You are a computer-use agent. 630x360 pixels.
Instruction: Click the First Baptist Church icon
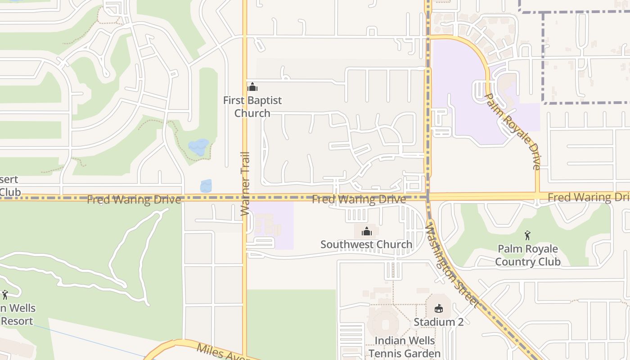click(x=252, y=87)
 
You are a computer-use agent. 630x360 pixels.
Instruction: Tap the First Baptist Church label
click(x=252, y=107)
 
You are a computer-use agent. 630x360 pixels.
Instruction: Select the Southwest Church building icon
click(x=367, y=231)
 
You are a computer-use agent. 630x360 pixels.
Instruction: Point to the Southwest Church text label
click(x=366, y=244)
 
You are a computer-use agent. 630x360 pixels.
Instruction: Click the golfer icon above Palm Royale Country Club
click(x=527, y=235)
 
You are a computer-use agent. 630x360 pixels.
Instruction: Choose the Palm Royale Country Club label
click(x=528, y=255)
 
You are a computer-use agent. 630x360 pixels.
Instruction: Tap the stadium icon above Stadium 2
click(x=439, y=308)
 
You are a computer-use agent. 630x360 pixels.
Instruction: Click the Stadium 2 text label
click(x=439, y=322)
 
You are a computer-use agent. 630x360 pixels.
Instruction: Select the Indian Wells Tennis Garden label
click(x=405, y=347)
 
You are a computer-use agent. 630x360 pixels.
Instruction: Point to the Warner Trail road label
click(x=245, y=184)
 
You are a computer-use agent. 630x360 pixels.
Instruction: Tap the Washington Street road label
click(x=451, y=265)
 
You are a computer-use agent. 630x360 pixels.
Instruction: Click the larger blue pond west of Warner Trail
click(x=198, y=147)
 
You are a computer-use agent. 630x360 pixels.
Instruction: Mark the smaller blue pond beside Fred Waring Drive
click(x=206, y=186)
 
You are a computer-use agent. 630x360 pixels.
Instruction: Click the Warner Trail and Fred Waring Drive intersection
click(x=245, y=197)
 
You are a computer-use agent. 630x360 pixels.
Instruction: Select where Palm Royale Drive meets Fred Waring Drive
click(x=538, y=196)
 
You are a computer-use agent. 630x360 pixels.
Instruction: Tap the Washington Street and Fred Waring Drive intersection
click(x=428, y=197)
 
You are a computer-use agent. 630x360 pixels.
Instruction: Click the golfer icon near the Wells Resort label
click(x=5, y=295)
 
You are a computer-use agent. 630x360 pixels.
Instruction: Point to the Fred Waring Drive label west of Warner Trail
click(x=134, y=200)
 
